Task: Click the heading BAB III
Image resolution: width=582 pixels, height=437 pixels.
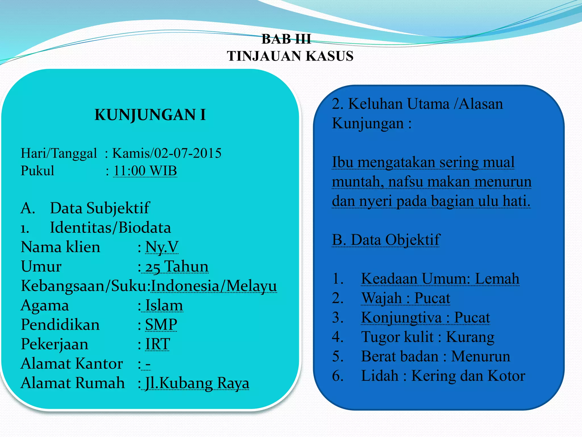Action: pyautogui.click(x=286, y=39)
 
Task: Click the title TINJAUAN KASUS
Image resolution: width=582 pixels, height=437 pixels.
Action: pyautogui.click(x=290, y=56)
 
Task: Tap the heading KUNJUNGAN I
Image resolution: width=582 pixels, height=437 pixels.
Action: pyautogui.click(x=150, y=115)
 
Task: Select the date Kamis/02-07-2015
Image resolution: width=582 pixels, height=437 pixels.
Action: pyautogui.click(x=167, y=153)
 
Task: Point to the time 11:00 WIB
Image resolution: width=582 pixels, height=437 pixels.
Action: pyautogui.click(x=145, y=171)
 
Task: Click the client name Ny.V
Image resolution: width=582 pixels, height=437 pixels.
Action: pyautogui.click(x=162, y=247)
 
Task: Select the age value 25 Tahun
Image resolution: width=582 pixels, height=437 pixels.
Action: pyautogui.click(x=177, y=267)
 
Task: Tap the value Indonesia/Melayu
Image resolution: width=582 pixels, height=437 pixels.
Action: pyautogui.click(x=214, y=286)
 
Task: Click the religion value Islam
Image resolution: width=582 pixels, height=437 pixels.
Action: pyautogui.click(x=164, y=305)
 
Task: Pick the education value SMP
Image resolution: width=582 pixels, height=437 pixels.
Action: pyautogui.click(x=161, y=325)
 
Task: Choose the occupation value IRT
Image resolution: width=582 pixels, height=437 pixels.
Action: pyautogui.click(x=158, y=344)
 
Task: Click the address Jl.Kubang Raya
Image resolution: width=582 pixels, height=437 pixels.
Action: pyautogui.click(x=197, y=383)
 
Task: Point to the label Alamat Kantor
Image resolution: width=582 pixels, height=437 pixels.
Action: pyautogui.click(x=72, y=364)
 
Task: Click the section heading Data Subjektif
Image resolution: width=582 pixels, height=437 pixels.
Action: pyautogui.click(x=99, y=208)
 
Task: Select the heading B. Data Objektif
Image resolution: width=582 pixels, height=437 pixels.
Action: pyautogui.click(x=386, y=240)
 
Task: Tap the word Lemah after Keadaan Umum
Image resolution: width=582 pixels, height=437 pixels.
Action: pyautogui.click(x=497, y=279)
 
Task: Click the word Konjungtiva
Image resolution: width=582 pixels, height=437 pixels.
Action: pyautogui.click(x=401, y=318)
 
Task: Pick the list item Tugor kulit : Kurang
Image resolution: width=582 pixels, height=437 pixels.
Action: pyautogui.click(x=427, y=337)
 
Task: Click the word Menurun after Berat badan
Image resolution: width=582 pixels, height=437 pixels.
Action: pyautogui.click(x=481, y=356)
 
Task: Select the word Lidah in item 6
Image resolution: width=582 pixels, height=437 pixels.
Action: pyautogui.click(x=379, y=376)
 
